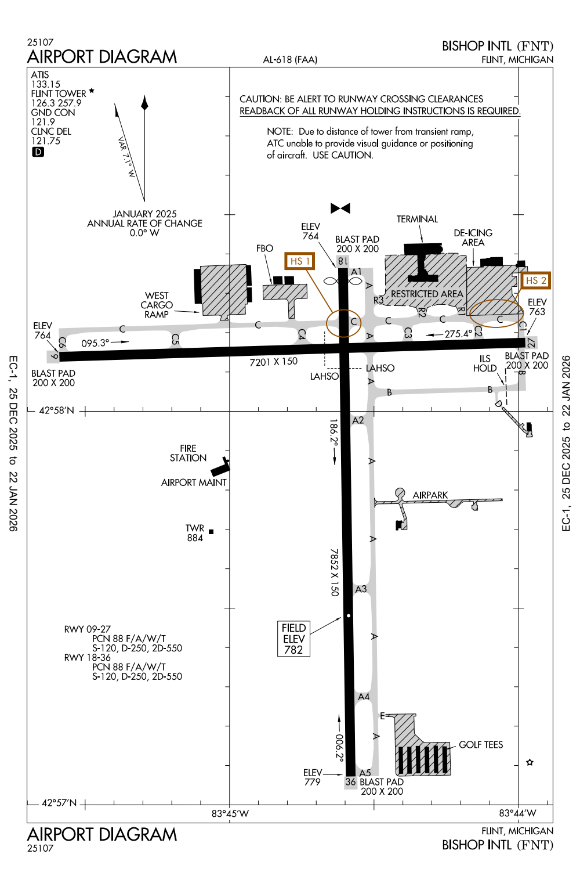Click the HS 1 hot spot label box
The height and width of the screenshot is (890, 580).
pos(300,261)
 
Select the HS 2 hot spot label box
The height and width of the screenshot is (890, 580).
pos(535,280)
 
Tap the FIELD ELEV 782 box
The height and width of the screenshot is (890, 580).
pos(293,639)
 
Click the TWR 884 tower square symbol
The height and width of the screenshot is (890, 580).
pos(211,532)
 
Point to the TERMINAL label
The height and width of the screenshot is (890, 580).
pos(417,219)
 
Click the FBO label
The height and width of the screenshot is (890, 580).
pos(264,248)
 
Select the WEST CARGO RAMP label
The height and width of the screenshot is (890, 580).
pos(157,305)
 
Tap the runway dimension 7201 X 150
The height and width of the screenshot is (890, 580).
pos(273,362)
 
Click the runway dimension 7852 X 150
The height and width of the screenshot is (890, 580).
pos(334,572)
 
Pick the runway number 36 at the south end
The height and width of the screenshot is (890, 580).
pos(350,782)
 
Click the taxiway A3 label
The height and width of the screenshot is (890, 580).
pos(361,589)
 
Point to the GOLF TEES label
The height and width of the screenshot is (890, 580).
pos(481,745)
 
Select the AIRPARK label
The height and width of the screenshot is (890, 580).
pos(430,495)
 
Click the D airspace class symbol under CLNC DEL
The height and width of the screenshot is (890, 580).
pos(38,152)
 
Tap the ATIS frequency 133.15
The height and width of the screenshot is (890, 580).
pos(46,84)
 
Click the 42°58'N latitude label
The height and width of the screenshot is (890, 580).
pos(57,410)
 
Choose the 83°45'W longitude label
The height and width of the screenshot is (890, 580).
pos(230,813)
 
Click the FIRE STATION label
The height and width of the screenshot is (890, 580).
pos(188,453)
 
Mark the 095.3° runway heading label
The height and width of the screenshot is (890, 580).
pos(95,343)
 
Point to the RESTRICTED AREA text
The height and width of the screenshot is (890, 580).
pos(427,294)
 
